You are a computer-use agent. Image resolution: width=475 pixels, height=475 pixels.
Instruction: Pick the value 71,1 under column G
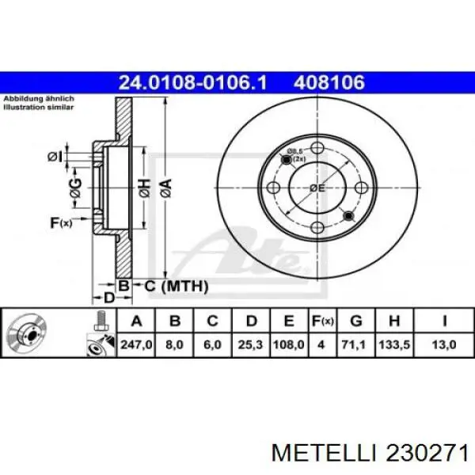(x=357, y=344)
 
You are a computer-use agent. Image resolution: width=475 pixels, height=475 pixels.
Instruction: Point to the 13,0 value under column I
(x=445, y=344)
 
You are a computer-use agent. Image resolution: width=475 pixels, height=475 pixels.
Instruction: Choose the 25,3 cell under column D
(x=251, y=344)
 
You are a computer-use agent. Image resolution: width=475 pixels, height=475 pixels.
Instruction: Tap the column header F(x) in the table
(x=323, y=321)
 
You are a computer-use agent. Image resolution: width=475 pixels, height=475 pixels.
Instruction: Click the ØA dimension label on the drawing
(x=165, y=188)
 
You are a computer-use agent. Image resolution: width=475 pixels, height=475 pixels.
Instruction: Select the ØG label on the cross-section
(x=75, y=188)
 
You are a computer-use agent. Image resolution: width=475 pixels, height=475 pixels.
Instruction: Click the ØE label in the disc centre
(x=318, y=188)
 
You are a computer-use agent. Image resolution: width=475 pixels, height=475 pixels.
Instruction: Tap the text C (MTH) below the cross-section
(x=176, y=286)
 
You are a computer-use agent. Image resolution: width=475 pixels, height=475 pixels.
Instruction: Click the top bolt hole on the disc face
(x=318, y=147)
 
